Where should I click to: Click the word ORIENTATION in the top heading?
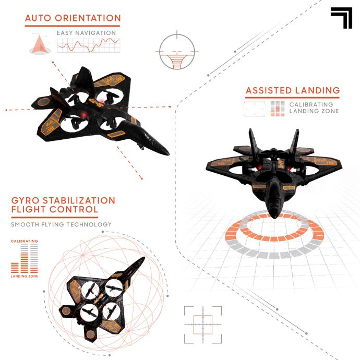pyautogui.click(x=88, y=18)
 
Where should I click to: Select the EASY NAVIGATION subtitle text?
pyautogui.click(x=86, y=33)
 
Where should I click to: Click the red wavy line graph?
pyautogui.click(x=89, y=45)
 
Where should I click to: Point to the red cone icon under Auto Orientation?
pyautogui.click(x=40, y=44)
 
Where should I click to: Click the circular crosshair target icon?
pyautogui.click(x=177, y=51)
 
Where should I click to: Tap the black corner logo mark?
pyautogui.click(x=341, y=18)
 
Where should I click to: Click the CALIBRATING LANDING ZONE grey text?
pyautogui.click(x=314, y=107)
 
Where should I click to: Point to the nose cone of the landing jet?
pyautogui.click(x=274, y=214)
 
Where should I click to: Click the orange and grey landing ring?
pyautogui.click(x=274, y=234)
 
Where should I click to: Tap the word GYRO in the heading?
pyautogui.click(x=25, y=200)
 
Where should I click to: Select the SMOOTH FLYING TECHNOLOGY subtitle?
pyautogui.click(x=61, y=224)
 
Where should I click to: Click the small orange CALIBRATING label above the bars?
pyautogui.click(x=25, y=241)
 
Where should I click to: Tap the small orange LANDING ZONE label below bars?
pyautogui.click(x=25, y=276)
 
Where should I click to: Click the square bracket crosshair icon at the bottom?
pyautogui.click(x=203, y=325)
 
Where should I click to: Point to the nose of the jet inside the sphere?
pyautogui.click(x=142, y=259)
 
